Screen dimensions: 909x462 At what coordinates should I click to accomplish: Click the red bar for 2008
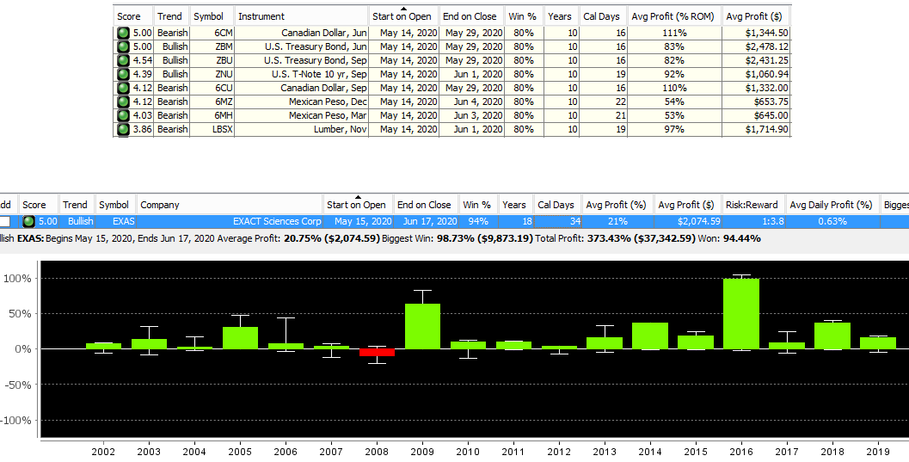point(377,353)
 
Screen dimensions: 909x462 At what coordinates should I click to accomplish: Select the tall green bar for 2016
point(741,314)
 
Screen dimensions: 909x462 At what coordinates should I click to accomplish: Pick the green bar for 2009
point(422,326)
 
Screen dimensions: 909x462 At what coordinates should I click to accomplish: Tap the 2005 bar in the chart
point(240,338)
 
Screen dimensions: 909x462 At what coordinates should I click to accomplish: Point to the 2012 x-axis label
point(559,452)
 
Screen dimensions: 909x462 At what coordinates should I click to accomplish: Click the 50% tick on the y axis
point(18,314)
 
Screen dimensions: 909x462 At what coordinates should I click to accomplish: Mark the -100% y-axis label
point(16,420)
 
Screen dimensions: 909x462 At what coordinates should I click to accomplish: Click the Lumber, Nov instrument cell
point(302,129)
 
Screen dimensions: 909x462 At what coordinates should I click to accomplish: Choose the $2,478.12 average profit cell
point(757,46)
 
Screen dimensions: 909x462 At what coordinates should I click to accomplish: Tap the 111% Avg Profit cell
point(674,33)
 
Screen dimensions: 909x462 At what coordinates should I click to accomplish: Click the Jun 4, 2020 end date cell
point(470,102)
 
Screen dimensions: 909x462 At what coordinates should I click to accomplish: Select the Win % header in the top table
point(522,16)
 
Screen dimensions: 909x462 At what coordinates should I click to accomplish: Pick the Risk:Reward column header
point(752,205)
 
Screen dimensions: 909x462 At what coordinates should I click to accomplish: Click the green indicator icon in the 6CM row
point(123,33)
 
